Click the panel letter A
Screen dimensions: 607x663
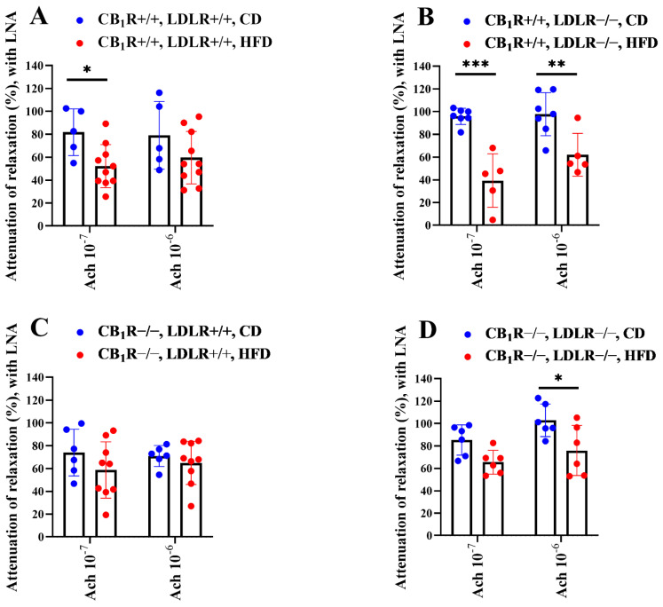point(16,16)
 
